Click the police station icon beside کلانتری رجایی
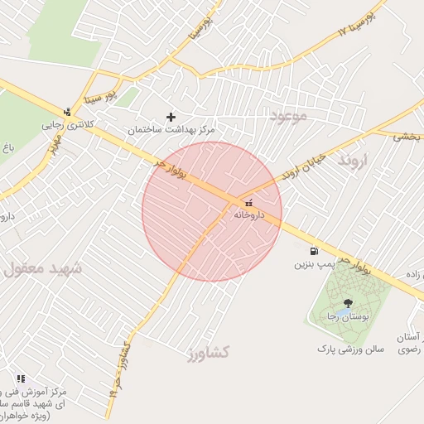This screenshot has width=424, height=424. coord(67,113)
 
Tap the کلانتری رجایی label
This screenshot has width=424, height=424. coord(69,126)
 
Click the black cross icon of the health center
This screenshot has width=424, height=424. coord(171,118)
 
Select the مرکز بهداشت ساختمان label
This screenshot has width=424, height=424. coord(171,131)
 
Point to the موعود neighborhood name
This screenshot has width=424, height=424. coord(288,116)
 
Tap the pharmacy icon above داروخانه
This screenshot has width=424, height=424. coord(248,203)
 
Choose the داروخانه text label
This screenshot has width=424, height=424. coord(248,214)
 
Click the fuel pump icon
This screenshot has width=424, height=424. coord(313,252)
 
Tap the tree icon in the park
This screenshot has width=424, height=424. coord(346,304)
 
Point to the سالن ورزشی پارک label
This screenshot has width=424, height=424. coord(349,349)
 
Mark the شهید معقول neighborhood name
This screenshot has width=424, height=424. coord(42,269)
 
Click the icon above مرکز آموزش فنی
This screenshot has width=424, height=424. coord(21,378)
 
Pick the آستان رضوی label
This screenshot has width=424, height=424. coord(411,344)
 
